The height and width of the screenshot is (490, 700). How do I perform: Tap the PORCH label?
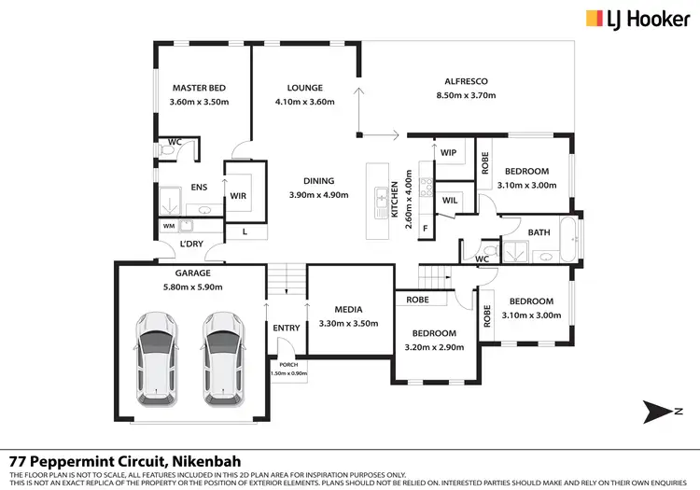[x=286, y=366]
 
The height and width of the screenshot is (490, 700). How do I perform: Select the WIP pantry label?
[x=448, y=152]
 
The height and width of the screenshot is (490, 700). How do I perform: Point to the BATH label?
[x=539, y=231]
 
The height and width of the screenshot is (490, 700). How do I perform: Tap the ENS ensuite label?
[x=199, y=188]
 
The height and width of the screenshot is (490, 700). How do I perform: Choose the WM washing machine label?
[x=168, y=225]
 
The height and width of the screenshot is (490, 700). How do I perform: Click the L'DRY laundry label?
[x=191, y=245]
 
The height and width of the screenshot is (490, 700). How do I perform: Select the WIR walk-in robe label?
[x=238, y=196]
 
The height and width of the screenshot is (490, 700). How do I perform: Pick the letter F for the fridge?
[x=425, y=227]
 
